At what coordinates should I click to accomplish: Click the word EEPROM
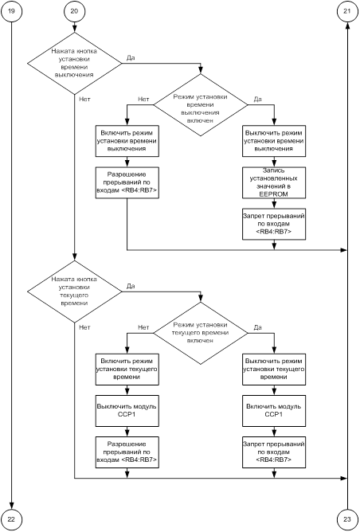click(x=273, y=194)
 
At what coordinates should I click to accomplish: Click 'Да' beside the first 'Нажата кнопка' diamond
click(x=131, y=57)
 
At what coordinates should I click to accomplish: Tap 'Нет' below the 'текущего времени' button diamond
click(x=85, y=327)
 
